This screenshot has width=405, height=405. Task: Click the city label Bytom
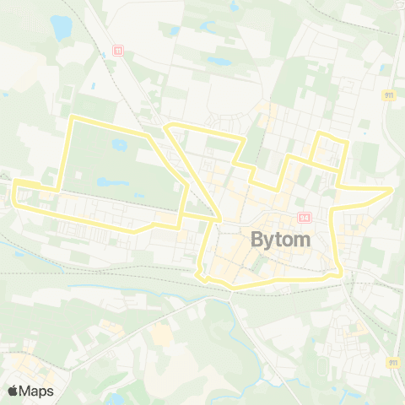pyautogui.click(x=281, y=240)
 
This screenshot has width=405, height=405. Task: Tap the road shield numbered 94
pyautogui.click(x=304, y=218)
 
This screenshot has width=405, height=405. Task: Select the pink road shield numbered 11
pyautogui.click(x=119, y=51)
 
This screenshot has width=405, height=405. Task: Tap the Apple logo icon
pyautogui.click(x=13, y=391)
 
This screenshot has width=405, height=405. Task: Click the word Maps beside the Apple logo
pyautogui.click(x=37, y=391)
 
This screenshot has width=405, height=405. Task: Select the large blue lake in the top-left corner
pyautogui.click(x=62, y=28)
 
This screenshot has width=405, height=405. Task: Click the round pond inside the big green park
pyautogui.click(x=119, y=145)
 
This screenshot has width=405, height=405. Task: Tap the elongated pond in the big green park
pyautogui.click(x=107, y=181)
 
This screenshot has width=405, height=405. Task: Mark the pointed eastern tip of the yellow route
pyautogui.click(x=391, y=190)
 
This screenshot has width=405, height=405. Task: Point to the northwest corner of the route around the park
pyautogui.click(x=73, y=116)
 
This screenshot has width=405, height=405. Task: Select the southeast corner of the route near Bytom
pyautogui.click(x=339, y=273)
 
